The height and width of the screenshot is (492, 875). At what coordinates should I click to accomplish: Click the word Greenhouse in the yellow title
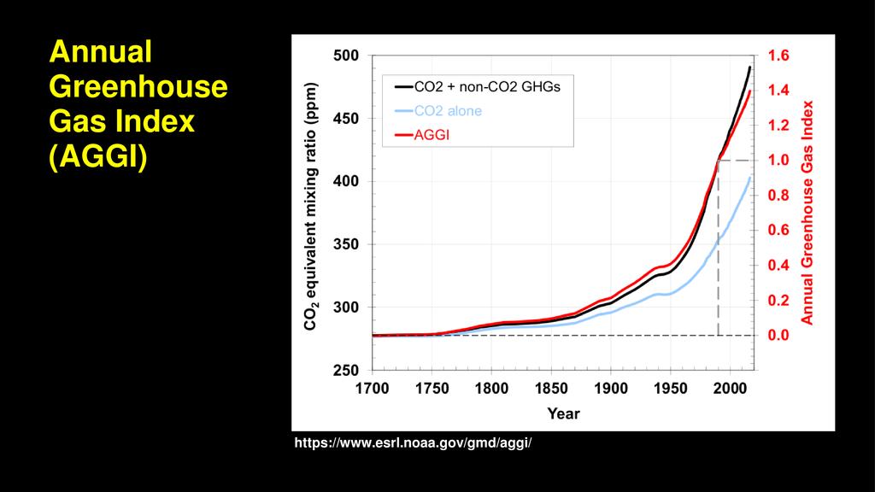pyautogui.click(x=138, y=87)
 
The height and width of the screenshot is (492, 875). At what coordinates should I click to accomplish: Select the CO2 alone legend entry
pyautogui.click(x=448, y=111)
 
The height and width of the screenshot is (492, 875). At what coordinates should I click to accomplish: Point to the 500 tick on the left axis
pyautogui.click(x=347, y=56)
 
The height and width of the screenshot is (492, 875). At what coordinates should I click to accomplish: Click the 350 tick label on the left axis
pyautogui.click(x=347, y=244)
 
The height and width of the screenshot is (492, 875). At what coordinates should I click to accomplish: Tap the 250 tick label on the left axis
pyautogui.click(x=347, y=370)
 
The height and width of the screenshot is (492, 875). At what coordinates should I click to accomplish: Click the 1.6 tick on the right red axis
pyautogui.click(x=779, y=56)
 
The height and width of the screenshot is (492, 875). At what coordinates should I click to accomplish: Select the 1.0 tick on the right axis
pyautogui.click(x=779, y=161)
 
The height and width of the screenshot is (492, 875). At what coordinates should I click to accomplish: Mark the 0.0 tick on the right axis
pyautogui.click(x=779, y=336)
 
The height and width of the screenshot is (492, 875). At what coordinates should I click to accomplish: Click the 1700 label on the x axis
pyautogui.click(x=372, y=389)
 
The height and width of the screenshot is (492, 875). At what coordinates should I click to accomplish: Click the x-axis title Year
pyautogui.click(x=563, y=414)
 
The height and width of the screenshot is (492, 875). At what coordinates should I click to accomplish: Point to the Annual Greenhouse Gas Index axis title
pyautogui.click(x=807, y=213)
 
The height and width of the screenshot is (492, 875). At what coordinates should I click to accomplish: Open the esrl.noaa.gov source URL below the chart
pyautogui.click(x=414, y=443)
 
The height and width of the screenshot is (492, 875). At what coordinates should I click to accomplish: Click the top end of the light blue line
pyautogui.click(x=749, y=178)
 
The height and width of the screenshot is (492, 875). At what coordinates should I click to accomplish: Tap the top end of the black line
pyautogui.click(x=749, y=67)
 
